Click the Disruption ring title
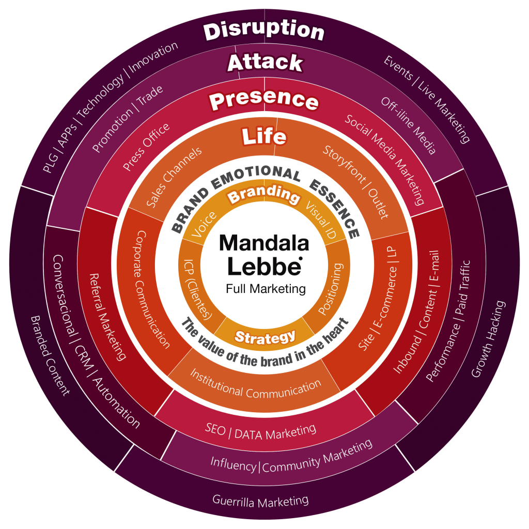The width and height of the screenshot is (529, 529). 264,32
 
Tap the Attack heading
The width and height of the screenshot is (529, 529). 265,63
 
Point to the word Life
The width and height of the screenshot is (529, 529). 264,137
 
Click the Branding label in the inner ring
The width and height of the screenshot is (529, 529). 264,195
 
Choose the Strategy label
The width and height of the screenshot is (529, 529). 265,337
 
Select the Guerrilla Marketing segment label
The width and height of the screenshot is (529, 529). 260,500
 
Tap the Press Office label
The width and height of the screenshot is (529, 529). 146,147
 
